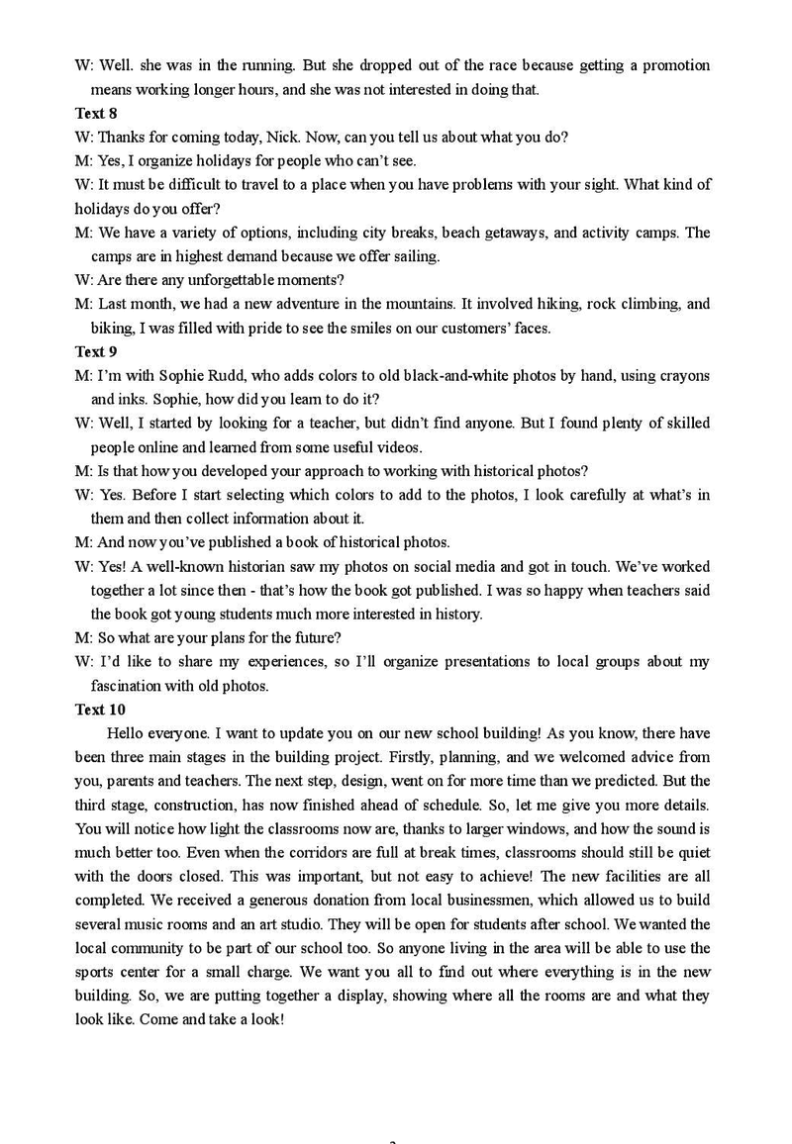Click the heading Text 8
[96, 113]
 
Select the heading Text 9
[96, 351]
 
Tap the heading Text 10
[100, 710]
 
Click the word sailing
[416, 256]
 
